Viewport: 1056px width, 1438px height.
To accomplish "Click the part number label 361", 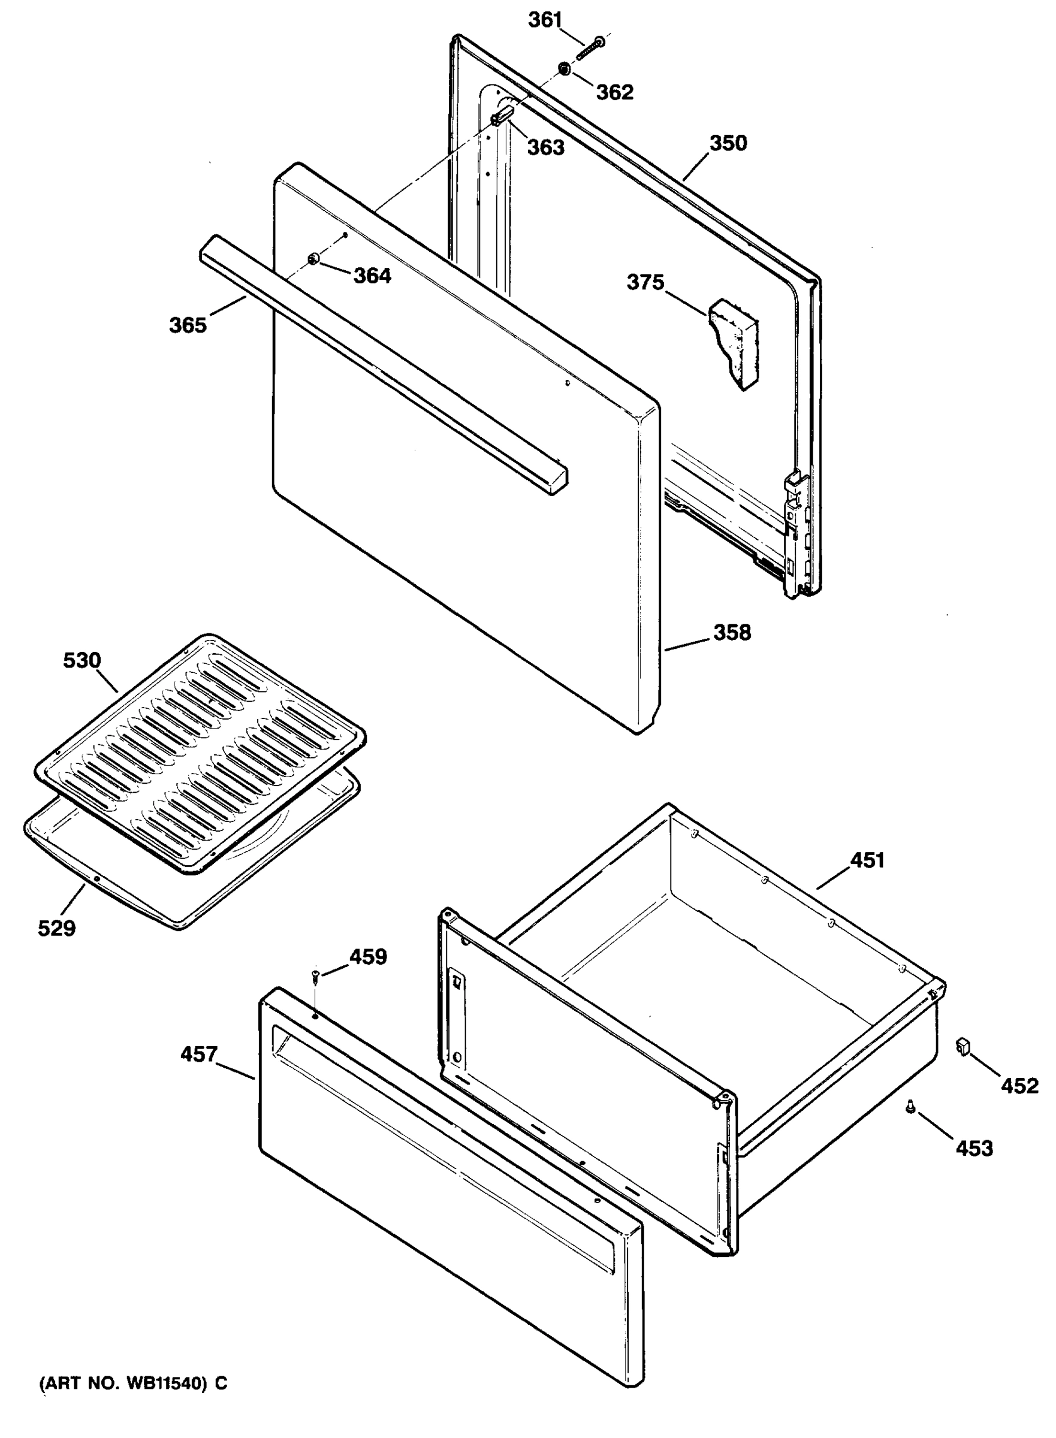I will pyautogui.click(x=544, y=20).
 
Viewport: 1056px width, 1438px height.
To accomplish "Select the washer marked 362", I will pyautogui.click(x=565, y=68).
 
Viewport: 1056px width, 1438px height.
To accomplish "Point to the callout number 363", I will pyautogui.click(x=545, y=147).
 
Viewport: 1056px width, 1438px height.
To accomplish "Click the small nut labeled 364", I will pyautogui.click(x=313, y=259).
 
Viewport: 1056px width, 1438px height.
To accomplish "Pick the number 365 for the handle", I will pyautogui.click(x=188, y=325).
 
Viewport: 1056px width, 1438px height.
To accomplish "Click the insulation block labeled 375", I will pyautogui.click(x=733, y=342).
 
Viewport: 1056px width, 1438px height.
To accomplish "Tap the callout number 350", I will pyautogui.click(x=728, y=143).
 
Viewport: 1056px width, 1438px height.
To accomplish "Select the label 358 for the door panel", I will pyautogui.click(x=732, y=633).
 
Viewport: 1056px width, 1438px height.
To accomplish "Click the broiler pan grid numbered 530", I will pyautogui.click(x=198, y=754).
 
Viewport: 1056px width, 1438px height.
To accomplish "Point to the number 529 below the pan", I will pyautogui.click(x=56, y=928).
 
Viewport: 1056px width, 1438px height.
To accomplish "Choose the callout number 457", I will pyautogui.click(x=199, y=1054).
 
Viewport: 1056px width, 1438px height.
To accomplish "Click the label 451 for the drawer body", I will pyautogui.click(x=867, y=860).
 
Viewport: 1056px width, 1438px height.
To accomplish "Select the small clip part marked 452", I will pyautogui.click(x=963, y=1047).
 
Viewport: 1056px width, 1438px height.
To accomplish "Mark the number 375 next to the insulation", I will pyautogui.click(x=645, y=282).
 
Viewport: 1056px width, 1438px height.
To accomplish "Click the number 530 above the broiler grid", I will pyautogui.click(x=82, y=660).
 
